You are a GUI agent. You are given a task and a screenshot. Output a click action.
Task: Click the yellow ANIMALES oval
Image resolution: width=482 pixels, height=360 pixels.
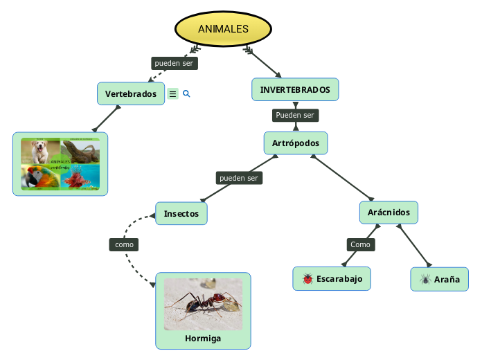tap(222, 28)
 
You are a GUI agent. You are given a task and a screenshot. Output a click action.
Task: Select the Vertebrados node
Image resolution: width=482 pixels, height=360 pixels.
tap(130, 93)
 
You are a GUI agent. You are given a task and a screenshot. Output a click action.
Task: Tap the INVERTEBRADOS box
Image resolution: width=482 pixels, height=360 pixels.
tap(295, 89)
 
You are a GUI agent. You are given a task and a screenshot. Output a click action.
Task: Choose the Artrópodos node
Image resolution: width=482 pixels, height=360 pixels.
tap(296, 143)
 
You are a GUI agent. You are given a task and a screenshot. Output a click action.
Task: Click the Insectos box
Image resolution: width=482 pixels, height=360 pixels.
tap(181, 213)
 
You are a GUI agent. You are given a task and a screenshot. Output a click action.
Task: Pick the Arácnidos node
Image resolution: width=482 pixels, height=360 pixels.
tap(389, 212)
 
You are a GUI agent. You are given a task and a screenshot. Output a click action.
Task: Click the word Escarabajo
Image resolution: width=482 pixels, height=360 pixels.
tap(339, 279)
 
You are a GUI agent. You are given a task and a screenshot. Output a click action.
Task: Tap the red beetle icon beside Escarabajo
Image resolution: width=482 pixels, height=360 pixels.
tap(307, 279)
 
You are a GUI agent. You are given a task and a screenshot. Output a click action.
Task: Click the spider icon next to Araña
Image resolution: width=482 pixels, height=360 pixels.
tap(425, 280)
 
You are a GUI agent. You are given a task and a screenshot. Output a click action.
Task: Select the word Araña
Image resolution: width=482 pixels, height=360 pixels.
tap(447, 280)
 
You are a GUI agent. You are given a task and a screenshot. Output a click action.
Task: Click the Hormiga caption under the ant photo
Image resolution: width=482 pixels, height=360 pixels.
tap(203, 339)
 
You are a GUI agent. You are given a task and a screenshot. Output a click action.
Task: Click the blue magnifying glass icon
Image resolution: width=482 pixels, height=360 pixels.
tap(186, 93)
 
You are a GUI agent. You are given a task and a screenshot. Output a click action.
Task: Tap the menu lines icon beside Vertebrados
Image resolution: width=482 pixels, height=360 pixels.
tap(172, 93)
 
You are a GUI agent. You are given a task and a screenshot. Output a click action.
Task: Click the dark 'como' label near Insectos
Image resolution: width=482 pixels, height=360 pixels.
tap(124, 244)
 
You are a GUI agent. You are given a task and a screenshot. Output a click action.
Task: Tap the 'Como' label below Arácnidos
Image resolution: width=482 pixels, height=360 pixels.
tap(360, 244)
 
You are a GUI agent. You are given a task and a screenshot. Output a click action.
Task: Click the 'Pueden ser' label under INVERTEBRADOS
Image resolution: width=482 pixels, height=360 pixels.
tap(295, 115)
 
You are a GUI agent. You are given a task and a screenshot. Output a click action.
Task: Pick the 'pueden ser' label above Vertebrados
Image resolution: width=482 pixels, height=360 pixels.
tap(175, 63)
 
